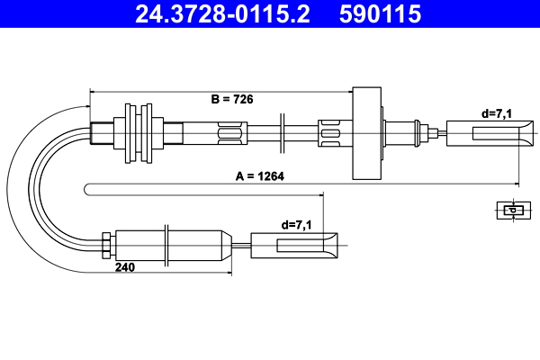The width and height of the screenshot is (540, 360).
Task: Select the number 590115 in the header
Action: click(x=379, y=14)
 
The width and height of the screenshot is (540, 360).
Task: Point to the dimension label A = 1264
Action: click(x=259, y=176)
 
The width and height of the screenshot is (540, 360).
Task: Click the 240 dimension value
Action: click(x=125, y=267)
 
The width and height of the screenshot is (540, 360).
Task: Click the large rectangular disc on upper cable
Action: click(x=366, y=134)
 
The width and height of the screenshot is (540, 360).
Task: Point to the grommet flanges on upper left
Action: click(x=139, y=133)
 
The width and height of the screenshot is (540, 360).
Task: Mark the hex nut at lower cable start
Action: click(x=107, y=243)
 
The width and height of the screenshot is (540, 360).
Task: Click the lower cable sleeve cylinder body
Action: click(x=171, y=243)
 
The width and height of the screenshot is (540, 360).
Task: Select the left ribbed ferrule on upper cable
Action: click(x=231, y=134)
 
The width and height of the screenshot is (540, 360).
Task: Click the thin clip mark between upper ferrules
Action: click(x=282, y=134)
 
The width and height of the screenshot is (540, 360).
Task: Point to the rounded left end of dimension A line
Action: click(x=87, y=188)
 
